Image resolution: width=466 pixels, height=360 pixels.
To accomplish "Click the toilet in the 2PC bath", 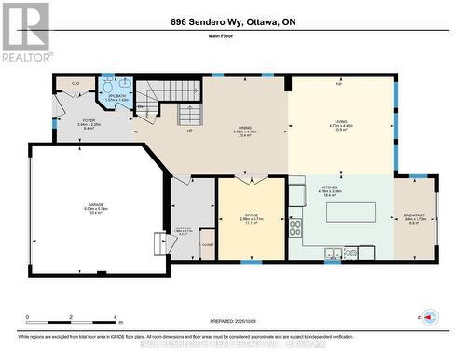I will pyautogui.click(x=110, y=106).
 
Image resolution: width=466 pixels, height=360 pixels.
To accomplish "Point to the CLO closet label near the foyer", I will pyautogui.click(x=75, y=83).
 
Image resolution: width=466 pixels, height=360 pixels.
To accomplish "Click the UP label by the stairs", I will pyautogui.click(x=164, y=130).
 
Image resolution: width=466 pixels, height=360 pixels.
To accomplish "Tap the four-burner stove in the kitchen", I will pyautogui.click(x=295, y=228).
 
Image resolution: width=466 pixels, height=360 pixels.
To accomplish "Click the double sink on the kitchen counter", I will pyautogui.click(x=333, y=251).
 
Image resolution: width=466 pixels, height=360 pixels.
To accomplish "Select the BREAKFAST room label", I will pyautogui.click(x=415, y=216).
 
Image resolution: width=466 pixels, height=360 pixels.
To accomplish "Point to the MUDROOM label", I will pyautogui.click(x=184, y=229).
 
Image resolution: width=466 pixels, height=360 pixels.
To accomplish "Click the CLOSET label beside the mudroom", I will pyautogui.click(x=207, y=244).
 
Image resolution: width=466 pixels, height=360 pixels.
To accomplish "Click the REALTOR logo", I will pyautogui.click(x=25, y=32).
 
